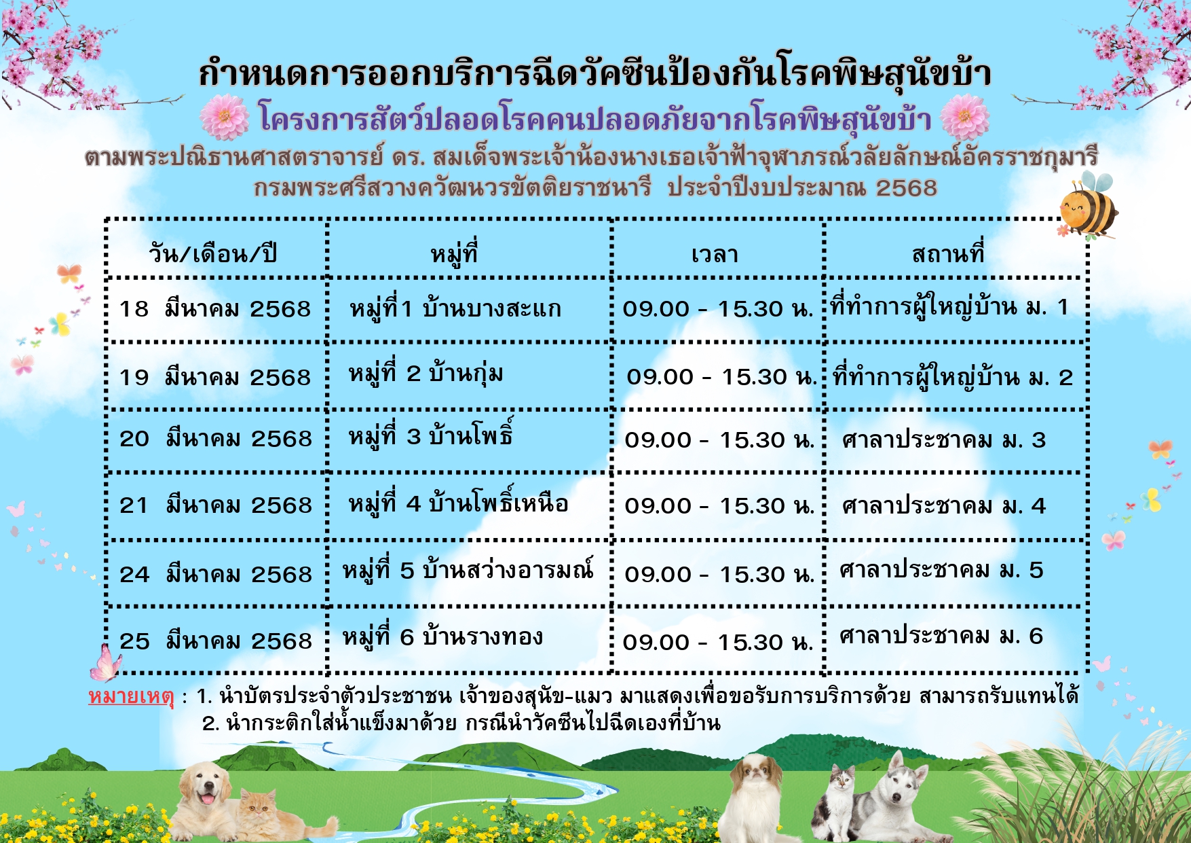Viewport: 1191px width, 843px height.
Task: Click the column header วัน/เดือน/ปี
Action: click(x=213, y=254)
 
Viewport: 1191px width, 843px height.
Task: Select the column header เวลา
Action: click(x=715, y=255)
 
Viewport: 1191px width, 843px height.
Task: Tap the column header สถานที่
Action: click(x=948, y=253)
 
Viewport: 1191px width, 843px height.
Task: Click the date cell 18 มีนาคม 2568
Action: click(x=215, y=309)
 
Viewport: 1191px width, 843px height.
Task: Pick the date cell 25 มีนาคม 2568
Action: click(x=216, y=641)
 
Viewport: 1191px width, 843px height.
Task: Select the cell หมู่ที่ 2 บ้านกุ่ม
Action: click(x=426, y=374)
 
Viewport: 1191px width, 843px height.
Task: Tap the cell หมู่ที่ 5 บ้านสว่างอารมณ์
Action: click(x=468, y=569)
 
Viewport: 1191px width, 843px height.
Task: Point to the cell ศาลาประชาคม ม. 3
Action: click(x=944, y=440)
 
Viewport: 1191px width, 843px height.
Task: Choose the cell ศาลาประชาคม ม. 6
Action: click(x=941, y=636)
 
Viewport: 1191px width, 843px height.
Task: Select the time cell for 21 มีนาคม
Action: click(x=719, y=506)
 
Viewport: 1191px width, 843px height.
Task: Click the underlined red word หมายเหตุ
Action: click(x=131, y=696)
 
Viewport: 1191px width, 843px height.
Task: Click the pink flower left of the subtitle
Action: click(x=225, y=118)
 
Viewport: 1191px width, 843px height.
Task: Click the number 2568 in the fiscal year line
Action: click(x=906, y=187)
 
